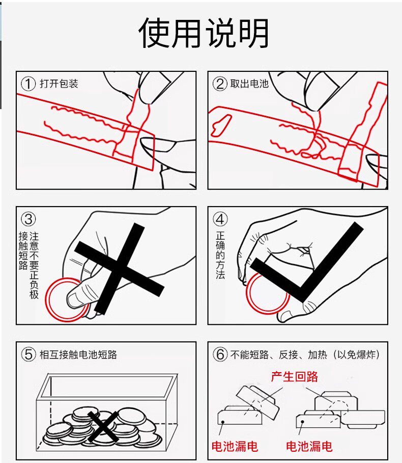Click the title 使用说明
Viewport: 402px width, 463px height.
204,33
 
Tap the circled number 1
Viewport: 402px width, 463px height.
28,83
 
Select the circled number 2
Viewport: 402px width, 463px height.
219,83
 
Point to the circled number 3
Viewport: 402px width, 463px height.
28,219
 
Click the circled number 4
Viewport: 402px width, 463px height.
220,219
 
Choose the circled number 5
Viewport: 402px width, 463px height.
28,354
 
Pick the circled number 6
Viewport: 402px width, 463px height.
220,354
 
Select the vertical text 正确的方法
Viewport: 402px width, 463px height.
220,255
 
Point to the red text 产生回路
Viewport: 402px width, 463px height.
295,376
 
